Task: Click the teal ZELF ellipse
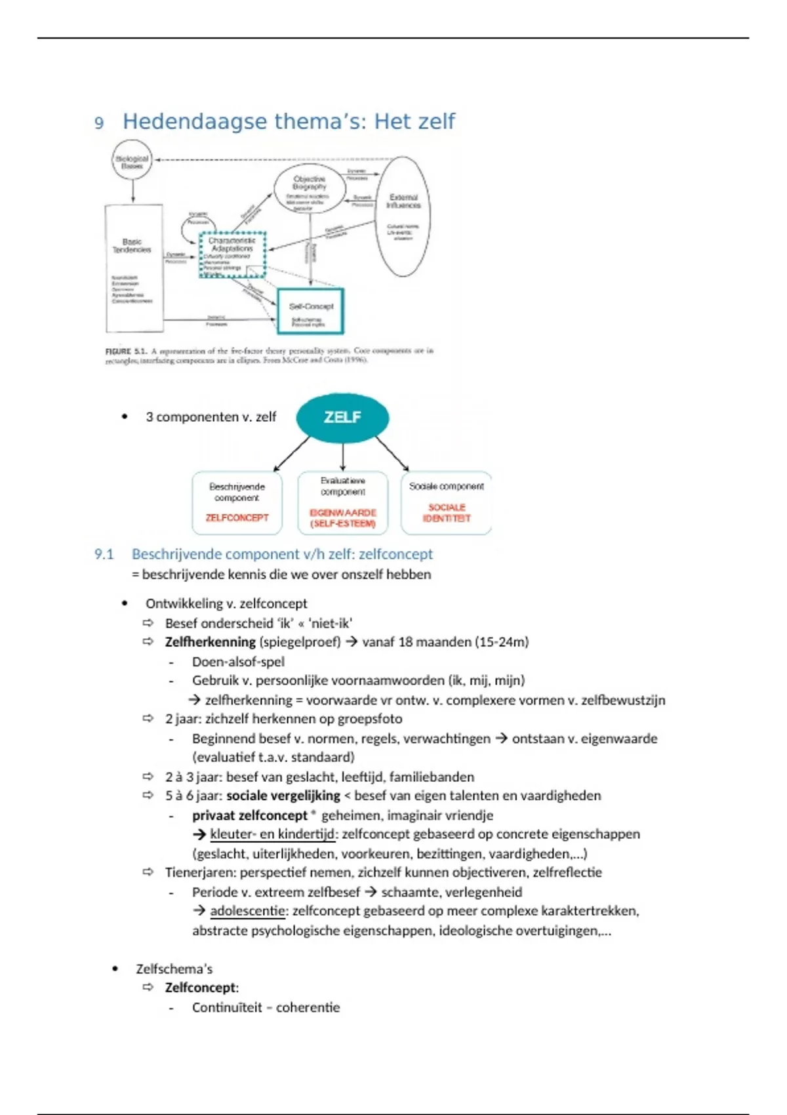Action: (x=342, y=417)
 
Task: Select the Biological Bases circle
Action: (x=132, y=161)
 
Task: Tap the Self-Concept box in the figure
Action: (x=311, y=311)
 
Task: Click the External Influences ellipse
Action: (x=403, y=216)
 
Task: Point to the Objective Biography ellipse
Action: (x=310, y=189)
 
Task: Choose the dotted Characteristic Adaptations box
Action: (x=232, y=254)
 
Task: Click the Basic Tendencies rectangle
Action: (x=133, y=268)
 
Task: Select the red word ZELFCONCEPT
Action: (x=237, y=517)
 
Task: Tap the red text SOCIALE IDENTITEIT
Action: (x=447, y=512)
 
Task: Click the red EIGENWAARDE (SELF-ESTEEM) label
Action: (x=342, y=517)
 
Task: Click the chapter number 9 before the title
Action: (x=99, y=123)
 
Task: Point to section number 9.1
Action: (x=104, y=554)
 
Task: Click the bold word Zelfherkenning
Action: (x=210, y=641)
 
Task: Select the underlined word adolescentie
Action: (x=247, y=910)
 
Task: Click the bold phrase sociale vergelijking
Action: (x=283, y=796)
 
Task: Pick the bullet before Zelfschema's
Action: (x=115, y=969)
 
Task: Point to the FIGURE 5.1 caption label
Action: (x=126, y=352)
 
